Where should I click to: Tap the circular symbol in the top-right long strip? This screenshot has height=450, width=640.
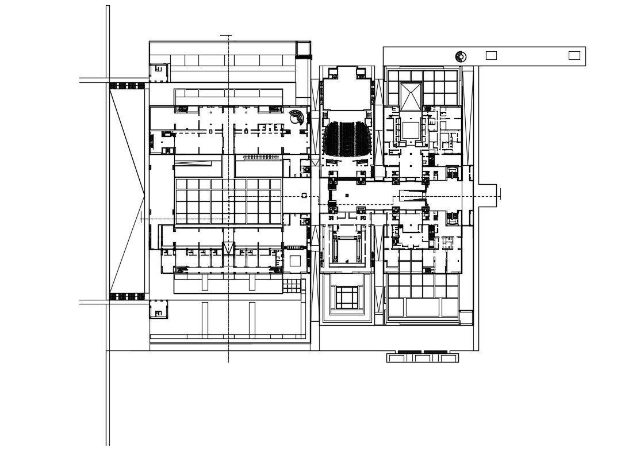point(460,56)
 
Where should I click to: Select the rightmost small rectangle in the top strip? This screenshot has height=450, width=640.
point(574,55)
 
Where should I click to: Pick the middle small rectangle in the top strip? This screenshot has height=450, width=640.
point(491,55)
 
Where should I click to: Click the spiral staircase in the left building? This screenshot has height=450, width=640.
point(296,117)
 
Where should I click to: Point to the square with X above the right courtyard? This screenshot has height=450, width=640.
point(411,96)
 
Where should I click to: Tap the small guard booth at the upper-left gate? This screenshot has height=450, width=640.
point(159,72)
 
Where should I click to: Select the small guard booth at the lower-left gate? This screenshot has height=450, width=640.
point(159,310)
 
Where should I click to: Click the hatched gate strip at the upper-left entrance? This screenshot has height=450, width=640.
point(127,86)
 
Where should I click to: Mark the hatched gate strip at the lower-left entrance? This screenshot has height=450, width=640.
point(127,296)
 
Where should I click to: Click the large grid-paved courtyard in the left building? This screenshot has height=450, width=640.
point(228,201)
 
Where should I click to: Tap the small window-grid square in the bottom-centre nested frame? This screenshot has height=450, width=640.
point(347,297)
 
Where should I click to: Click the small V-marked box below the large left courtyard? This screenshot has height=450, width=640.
point(229,248)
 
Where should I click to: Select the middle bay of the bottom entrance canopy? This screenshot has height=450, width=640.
point(422,358)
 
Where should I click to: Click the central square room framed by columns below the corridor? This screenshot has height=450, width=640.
point(347,249)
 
